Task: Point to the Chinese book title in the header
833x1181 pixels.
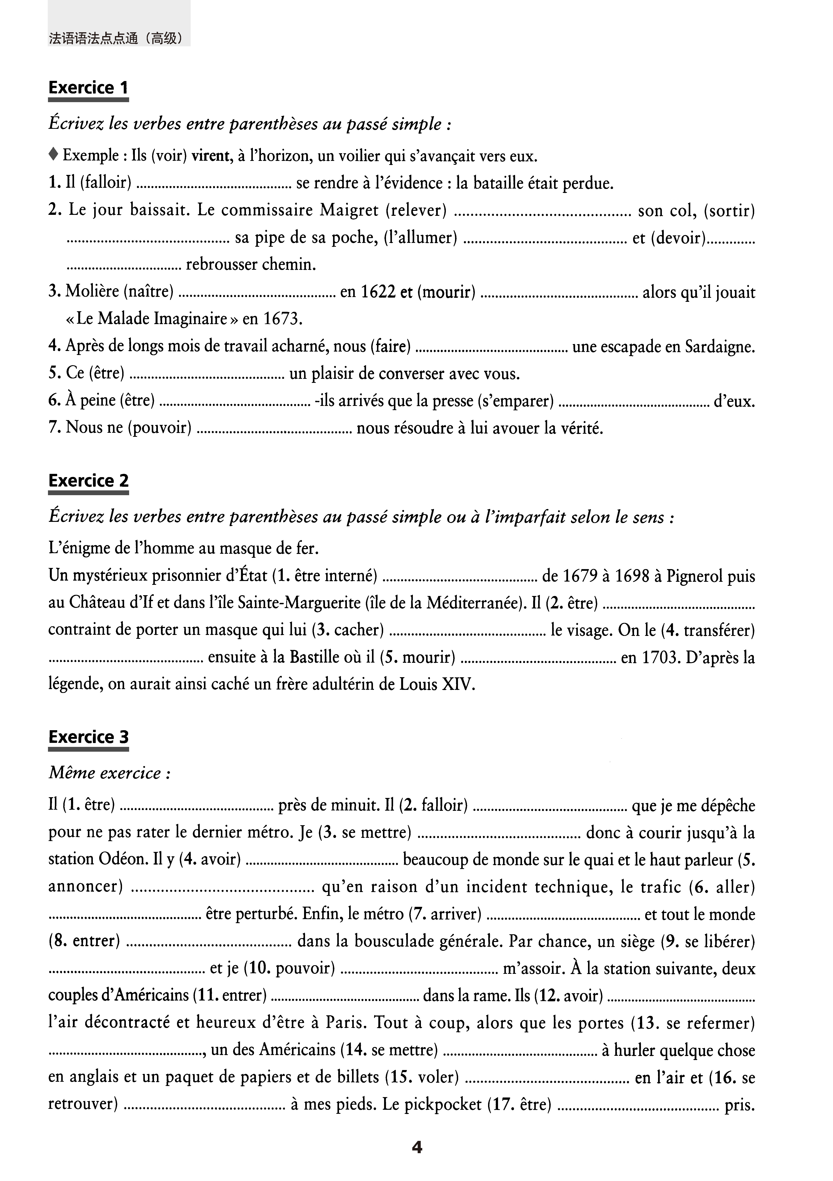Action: point(116,39)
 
